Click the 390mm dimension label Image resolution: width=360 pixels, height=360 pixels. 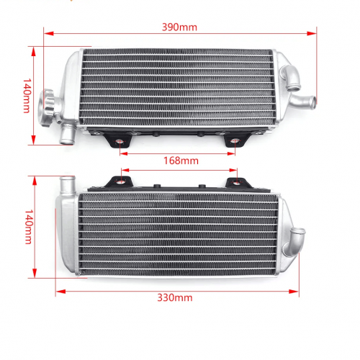(x=179, y=27)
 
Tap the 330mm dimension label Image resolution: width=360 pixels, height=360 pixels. (x=175, y=297)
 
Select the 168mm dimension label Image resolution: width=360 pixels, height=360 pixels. (x=181, y=161)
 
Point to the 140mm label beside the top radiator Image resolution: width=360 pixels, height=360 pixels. (x=27, y=95)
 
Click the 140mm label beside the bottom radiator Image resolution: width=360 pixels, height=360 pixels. (x=29, y=227)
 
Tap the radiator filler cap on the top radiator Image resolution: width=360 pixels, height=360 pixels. (x=47, y=107)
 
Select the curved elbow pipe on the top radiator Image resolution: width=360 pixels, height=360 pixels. (x=291, y=77)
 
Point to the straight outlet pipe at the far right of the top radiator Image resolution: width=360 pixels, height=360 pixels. (x=303, y=102)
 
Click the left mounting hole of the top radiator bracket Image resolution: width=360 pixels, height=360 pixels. (x=120, y=142)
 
